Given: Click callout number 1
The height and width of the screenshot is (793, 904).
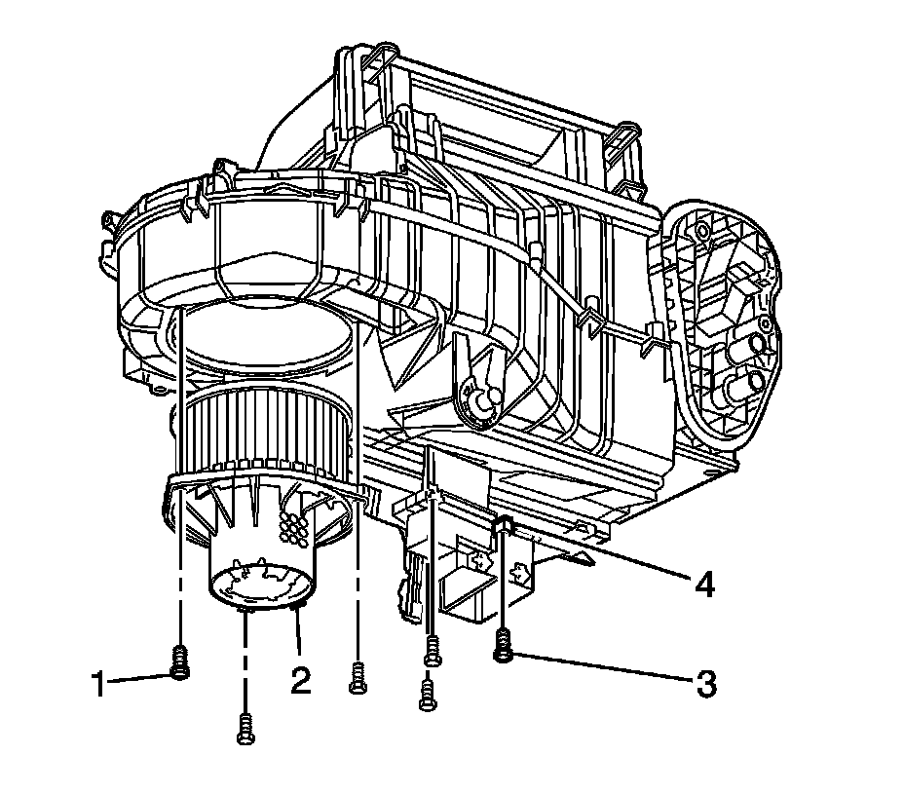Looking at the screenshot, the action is click(99, 684).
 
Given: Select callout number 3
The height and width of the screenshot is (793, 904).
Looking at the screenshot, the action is click(705, 685).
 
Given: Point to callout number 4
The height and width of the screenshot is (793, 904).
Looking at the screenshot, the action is click(704, 585).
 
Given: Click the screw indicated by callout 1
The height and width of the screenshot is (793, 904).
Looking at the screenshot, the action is click(181, 663).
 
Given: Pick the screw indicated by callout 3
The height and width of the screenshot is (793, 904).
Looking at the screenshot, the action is click(504, 646).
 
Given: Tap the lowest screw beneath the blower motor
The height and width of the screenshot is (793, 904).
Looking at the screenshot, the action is click(245, 729).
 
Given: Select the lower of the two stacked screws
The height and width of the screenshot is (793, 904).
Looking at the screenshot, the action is click(428, 695).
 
